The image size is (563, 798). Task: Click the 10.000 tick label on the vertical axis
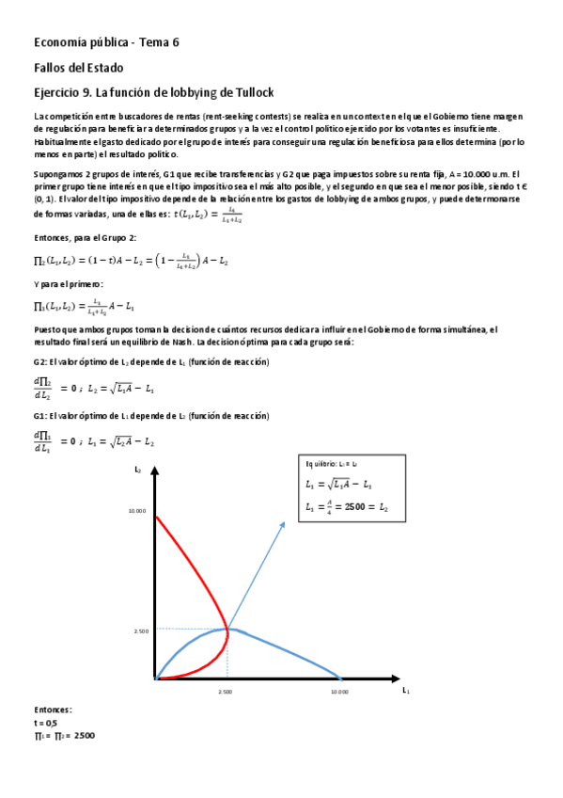(x=137, y=511)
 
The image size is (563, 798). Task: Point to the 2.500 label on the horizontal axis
(x=226, y=692)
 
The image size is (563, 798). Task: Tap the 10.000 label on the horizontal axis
(x=339, y=692)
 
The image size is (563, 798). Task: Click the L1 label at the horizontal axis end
(x=406, y=690)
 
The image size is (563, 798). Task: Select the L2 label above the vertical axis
(x=137, y=469)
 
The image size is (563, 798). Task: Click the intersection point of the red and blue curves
(x=227, y=629)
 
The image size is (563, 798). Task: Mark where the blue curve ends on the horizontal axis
(x=340, y=678)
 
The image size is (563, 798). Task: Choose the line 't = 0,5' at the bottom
(x=45, y=722)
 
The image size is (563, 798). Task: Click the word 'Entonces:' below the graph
(x=52, y=710)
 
